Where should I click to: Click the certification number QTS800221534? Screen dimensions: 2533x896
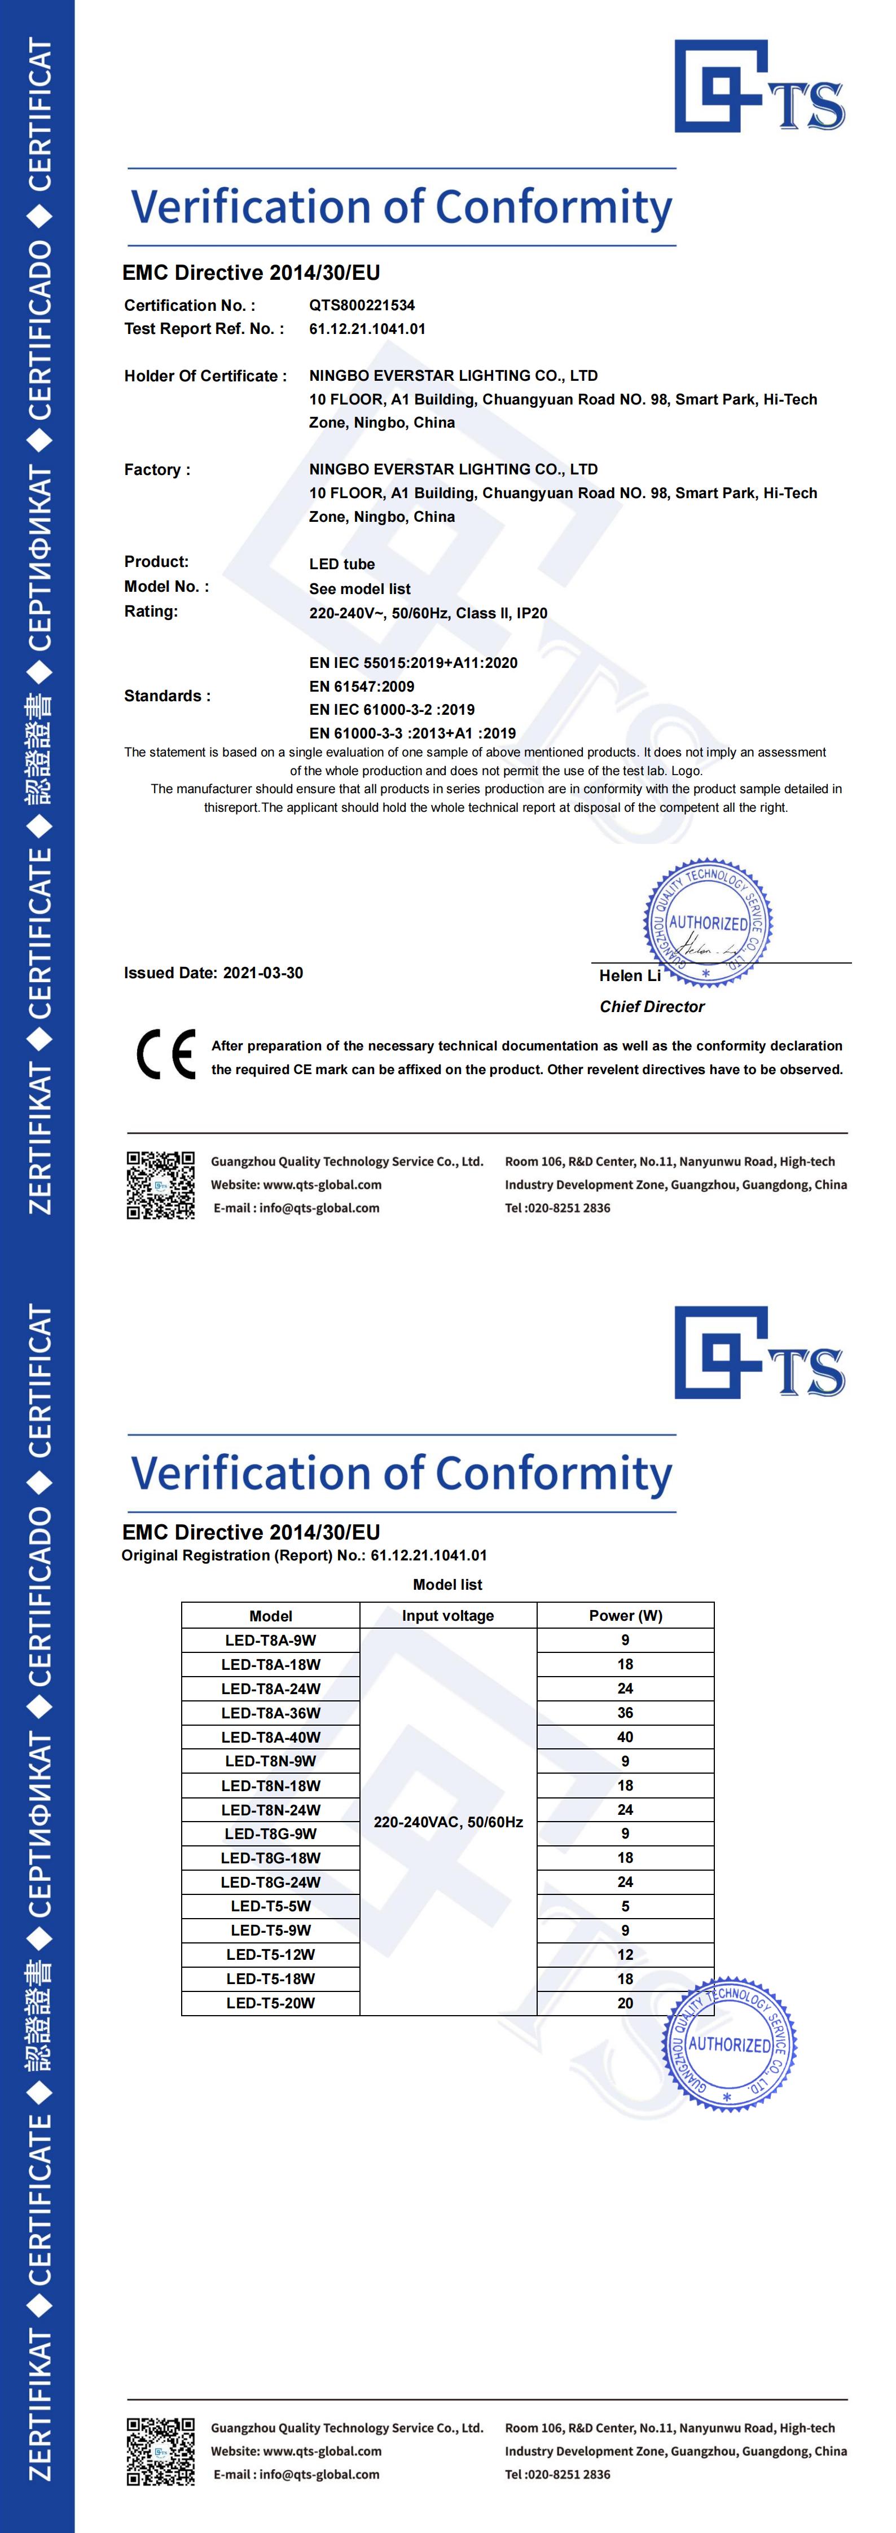coord(361,305)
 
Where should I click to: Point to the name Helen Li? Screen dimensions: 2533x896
coord(630,975)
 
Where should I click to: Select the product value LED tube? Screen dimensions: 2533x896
coord(341,564)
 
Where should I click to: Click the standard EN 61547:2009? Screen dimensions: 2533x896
coord(361,687)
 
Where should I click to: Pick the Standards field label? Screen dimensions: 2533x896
coord(167,695)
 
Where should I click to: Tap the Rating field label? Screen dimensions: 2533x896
coord(151,610)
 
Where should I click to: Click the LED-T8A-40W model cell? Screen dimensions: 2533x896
coord(270,1736)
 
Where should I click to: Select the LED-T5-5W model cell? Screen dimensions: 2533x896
coord(270,1906)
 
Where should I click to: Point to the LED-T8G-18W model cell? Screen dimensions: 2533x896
coord(270,1858)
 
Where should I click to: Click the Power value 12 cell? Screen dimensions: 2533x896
coord(625,1954)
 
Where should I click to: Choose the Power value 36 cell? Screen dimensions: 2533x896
coord(625,1713)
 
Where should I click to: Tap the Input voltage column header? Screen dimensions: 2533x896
coord(447,1616)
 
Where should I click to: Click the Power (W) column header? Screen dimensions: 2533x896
coord(625,1616)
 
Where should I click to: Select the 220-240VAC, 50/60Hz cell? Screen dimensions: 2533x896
coord(447,1822)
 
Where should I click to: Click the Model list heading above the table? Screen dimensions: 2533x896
coord(447,1584)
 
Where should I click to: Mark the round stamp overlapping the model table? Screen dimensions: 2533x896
coord(729,2045)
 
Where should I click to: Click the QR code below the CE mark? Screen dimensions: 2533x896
coord(160,1185)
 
